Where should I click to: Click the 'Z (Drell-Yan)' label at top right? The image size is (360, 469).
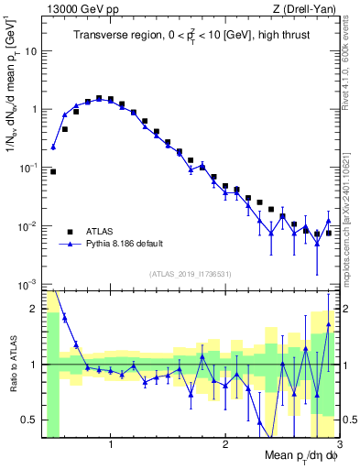tap(309, 8)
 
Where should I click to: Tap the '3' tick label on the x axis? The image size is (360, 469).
tap(338, 445)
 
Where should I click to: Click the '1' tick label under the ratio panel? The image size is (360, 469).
tap(111, 445)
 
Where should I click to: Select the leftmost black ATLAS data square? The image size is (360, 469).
tap(53, 171)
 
